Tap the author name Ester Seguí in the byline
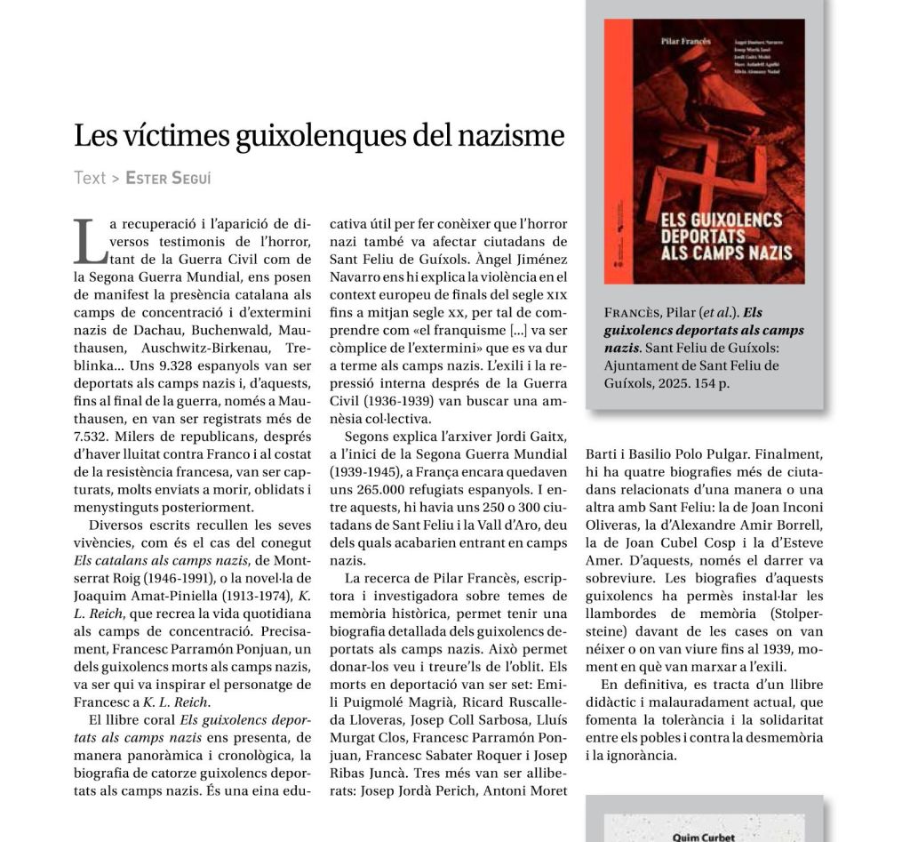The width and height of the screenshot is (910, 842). [168, 178]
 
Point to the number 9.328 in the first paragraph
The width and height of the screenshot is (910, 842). [174, 366]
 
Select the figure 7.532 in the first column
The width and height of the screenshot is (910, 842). [91, 437]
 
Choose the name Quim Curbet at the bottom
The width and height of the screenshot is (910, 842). [704, 837]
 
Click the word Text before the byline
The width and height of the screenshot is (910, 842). [90, 178]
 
